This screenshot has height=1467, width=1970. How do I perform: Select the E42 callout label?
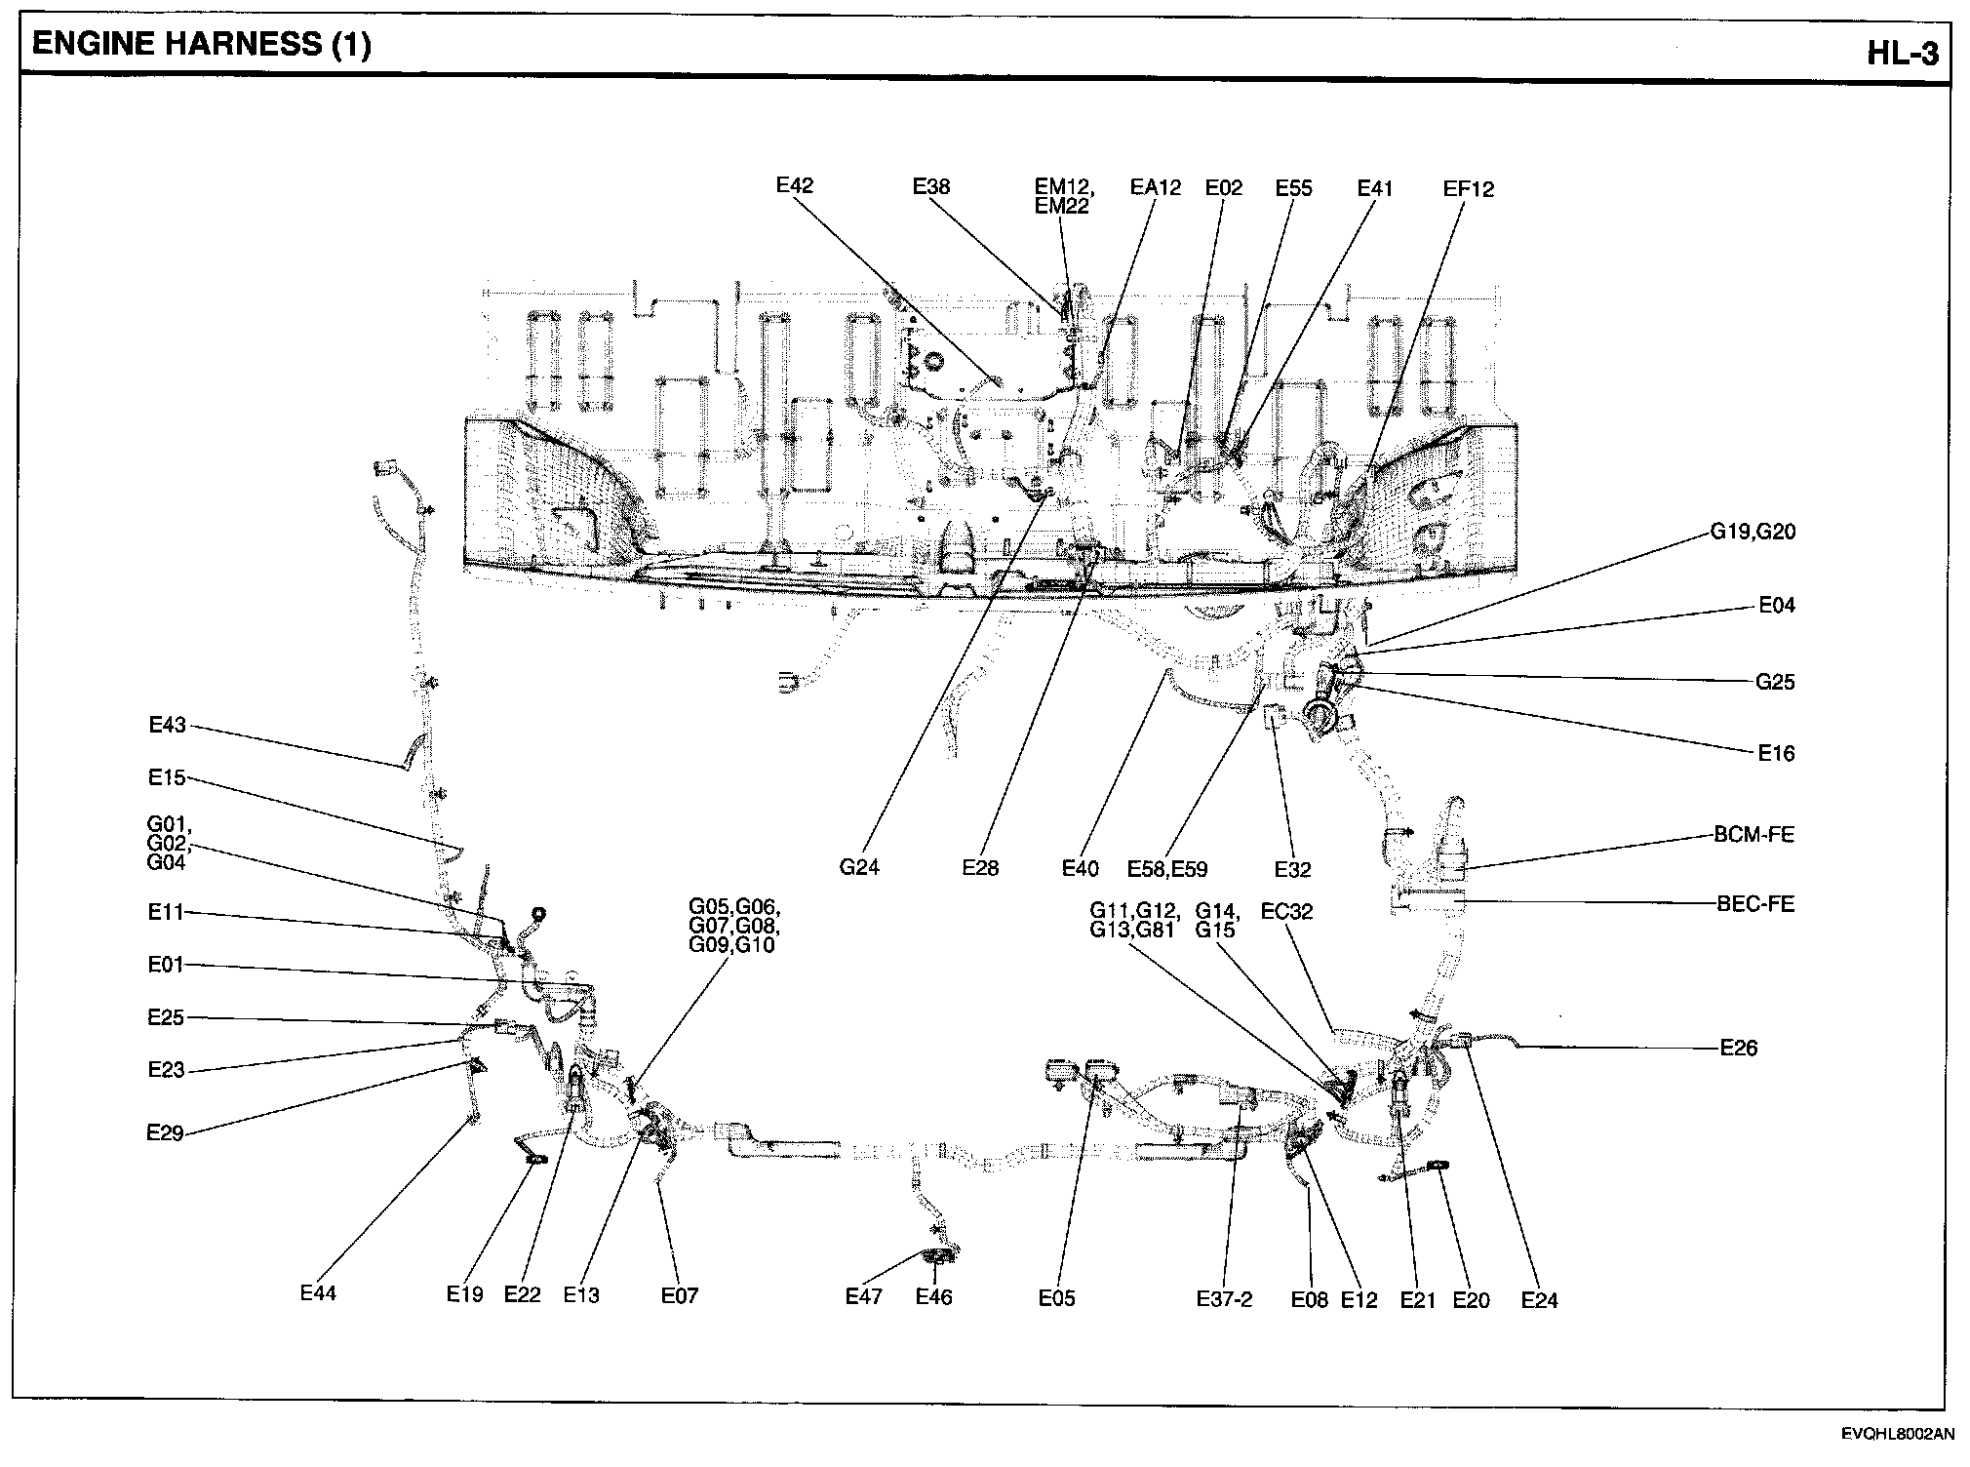click(x=795, y=185)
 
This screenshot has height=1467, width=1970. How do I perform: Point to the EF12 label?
click(x=1468, y=189)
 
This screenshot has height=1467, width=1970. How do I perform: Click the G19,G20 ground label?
click(x=1753, y=533)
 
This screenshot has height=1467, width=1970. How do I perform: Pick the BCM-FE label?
click(x=1754, y=835)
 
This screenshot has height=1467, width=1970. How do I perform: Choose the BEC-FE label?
click(x=1755, y=904)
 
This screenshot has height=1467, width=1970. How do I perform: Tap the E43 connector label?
click(x=167, y=725)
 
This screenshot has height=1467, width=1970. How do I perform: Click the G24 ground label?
click(x=859, y=867)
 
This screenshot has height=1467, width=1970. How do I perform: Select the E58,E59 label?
click(x=1167, y=868)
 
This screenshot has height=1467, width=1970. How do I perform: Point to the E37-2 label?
click(x=1224, y=1299)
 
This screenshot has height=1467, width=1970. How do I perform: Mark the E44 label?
click(x=318, y=1293)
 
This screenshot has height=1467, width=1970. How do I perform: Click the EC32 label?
click(x=1286, y=912)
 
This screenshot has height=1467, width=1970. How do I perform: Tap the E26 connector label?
click(x=1739, y=1049)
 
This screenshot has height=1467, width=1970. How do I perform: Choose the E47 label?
click(x=864, y=1296)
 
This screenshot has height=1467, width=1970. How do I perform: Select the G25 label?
click(x=1775, y=683)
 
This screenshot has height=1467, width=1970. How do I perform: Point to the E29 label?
click(x=166, y=1132)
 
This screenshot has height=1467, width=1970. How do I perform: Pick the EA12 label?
click(x=1155, y=187)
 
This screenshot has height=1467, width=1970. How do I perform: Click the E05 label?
click(x=1057, y=1298)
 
